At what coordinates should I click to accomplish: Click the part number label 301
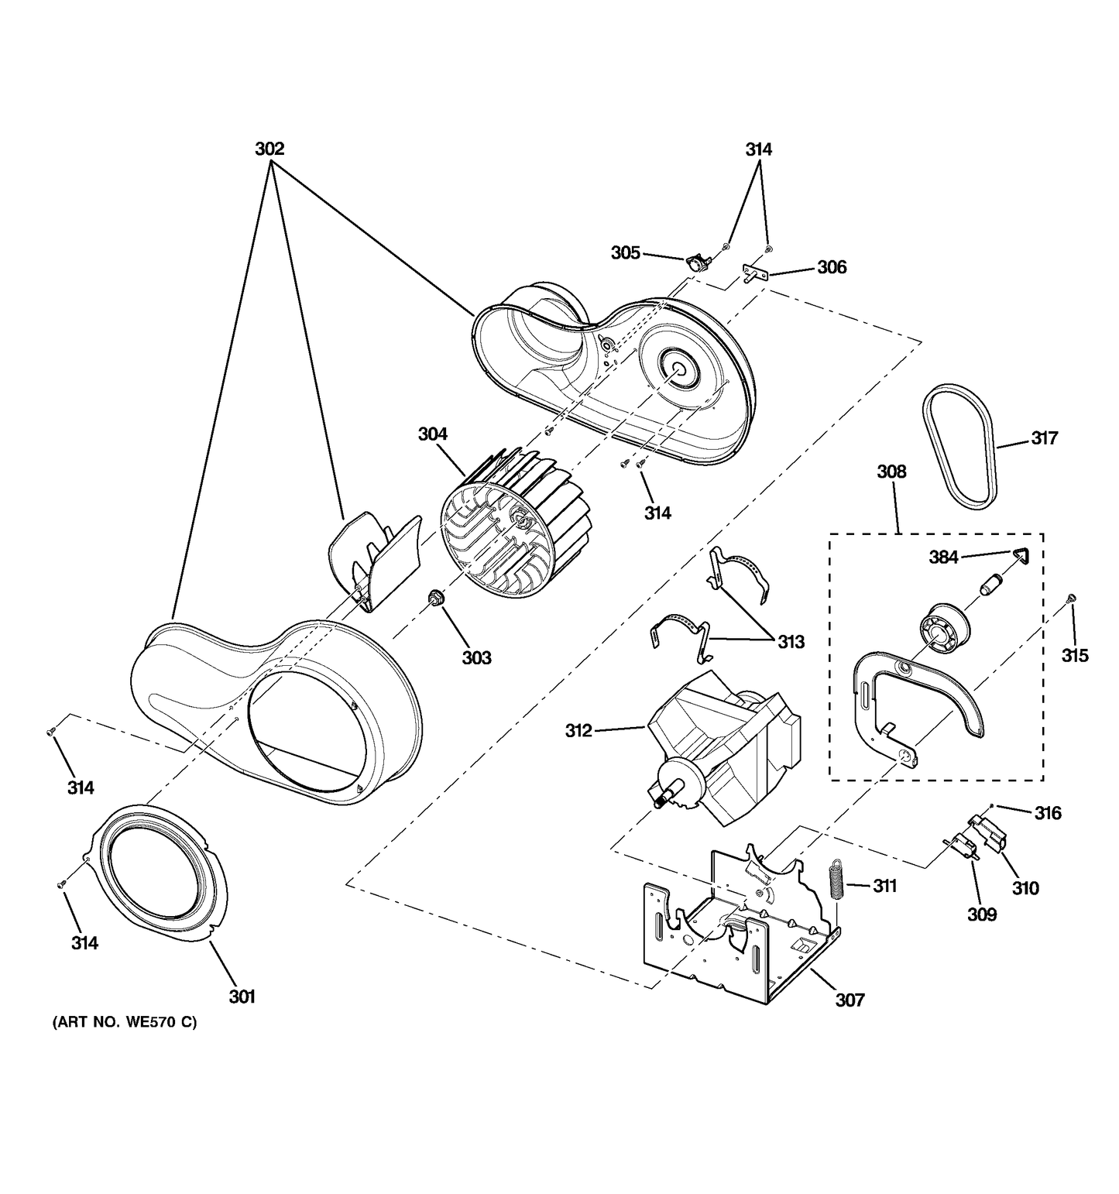[x=242, y=997]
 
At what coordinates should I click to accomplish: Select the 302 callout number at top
[x=269, y=149]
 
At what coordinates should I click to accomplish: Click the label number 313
[x=791, y=641]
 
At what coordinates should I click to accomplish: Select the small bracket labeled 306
[x=753, y=273]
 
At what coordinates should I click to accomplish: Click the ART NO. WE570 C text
[x=125, y=1023]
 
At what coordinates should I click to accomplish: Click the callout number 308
[x=891, y=472]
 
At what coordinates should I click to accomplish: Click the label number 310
[x=1025, y=888]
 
